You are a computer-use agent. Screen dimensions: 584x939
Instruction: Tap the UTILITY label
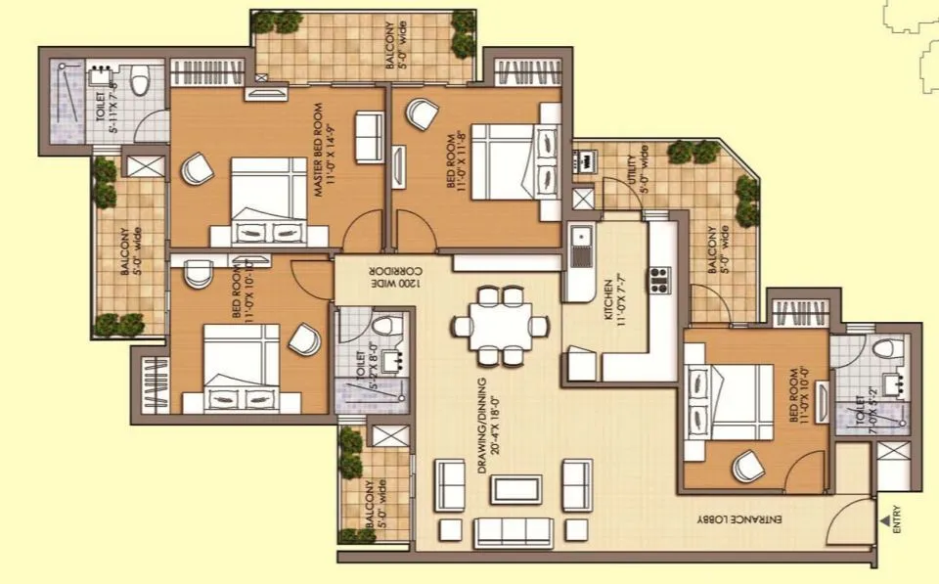[637, 173]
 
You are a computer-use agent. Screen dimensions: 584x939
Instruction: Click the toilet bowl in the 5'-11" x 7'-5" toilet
[140, 77]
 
